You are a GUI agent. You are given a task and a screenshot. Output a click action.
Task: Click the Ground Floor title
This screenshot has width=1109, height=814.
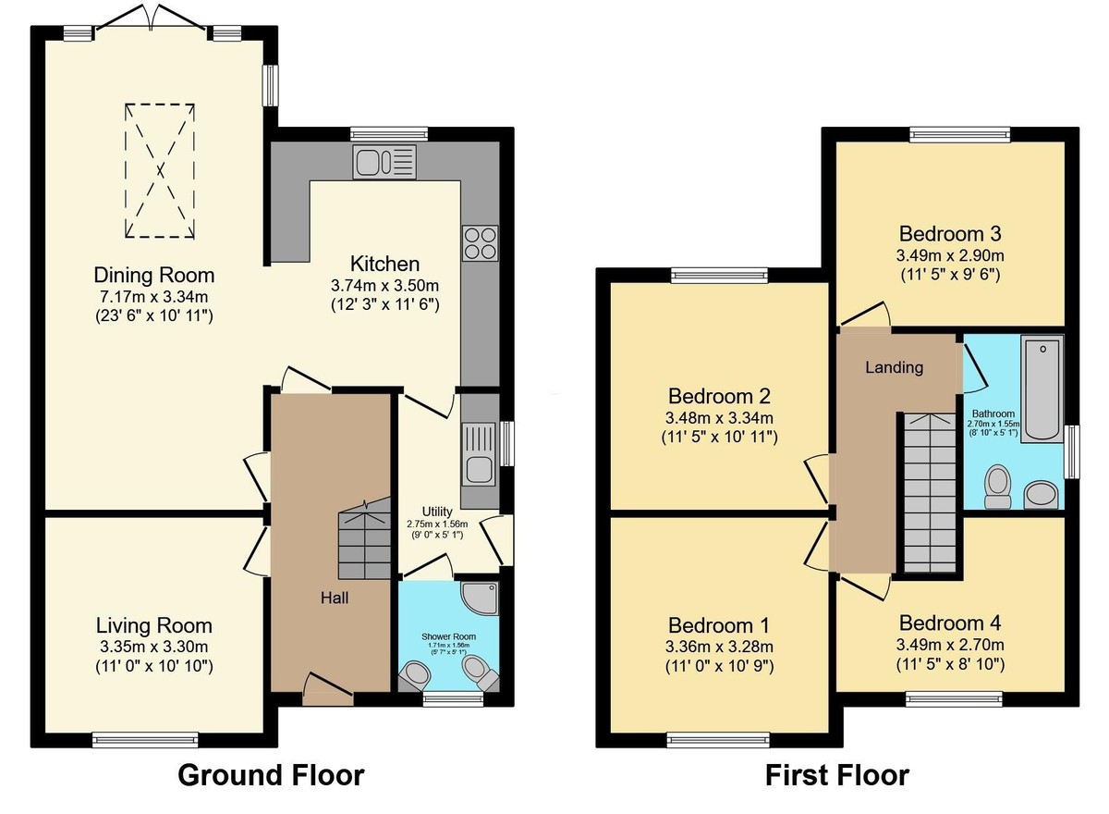pos(270,774)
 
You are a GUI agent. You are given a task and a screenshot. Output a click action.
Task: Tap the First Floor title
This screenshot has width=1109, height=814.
pos(836,774)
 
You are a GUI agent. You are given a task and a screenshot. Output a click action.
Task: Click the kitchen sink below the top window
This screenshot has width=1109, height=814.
pos(384,162)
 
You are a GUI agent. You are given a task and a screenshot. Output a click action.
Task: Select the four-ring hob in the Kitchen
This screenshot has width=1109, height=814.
pos(480,242)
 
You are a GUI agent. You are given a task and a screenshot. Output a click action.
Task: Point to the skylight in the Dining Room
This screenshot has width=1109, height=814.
pos(160,170)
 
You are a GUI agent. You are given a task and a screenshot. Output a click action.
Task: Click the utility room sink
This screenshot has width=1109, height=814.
pos(480,453)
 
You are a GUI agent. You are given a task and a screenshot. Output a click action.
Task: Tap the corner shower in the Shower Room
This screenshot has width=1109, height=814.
pos(481,598)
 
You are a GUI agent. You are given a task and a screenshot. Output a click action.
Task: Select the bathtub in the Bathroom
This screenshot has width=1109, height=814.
pos(1042,388)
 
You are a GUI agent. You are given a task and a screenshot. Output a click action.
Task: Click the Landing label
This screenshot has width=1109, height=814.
pos(894,367)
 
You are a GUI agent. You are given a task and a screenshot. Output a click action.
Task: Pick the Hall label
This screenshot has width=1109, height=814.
pos(335,598)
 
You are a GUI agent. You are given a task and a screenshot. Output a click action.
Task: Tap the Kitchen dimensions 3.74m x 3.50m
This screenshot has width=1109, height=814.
pos(384,285)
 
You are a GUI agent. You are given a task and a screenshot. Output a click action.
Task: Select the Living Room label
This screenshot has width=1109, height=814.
pos(154,626)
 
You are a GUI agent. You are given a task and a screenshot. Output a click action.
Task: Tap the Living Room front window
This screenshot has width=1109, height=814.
pos(145,738)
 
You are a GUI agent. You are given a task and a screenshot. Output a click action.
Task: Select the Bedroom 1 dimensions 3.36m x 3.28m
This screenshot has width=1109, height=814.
pos(719,646)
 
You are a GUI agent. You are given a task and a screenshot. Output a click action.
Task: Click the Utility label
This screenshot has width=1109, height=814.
pos(436,511)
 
